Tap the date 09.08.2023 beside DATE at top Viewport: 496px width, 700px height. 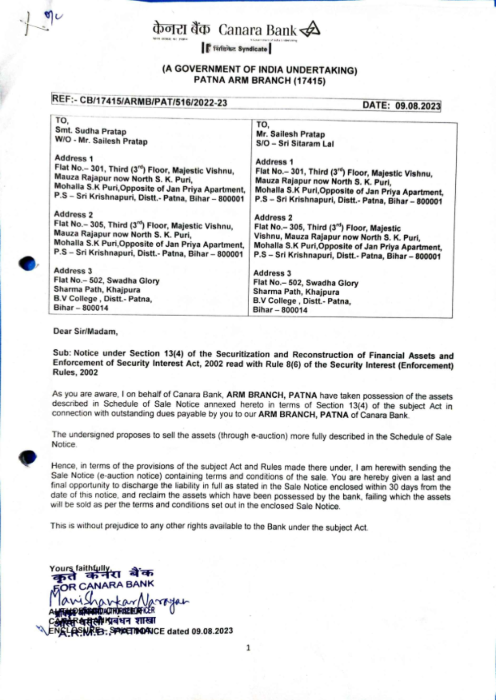click(x=418, y=106)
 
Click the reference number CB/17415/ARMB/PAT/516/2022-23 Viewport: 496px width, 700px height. click(x=153, y=102)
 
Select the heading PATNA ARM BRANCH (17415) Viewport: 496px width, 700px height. click(x=259, y=80)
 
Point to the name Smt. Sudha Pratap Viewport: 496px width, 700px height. click(x=91, y=131)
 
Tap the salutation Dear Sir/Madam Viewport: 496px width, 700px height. click(x=85, y=331)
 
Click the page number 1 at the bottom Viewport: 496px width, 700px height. click(x=248, y=648)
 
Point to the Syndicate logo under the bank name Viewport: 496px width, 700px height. click(x=236, y=49)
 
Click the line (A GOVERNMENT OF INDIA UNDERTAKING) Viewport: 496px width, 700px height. click(x=259, y=70)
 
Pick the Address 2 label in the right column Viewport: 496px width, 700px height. click(x=273, y=217)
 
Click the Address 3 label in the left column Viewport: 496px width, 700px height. click(x=73, y=271)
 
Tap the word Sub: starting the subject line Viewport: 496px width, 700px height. click(x=62, y=354)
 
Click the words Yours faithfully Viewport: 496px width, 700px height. click(x=79, y=568)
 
